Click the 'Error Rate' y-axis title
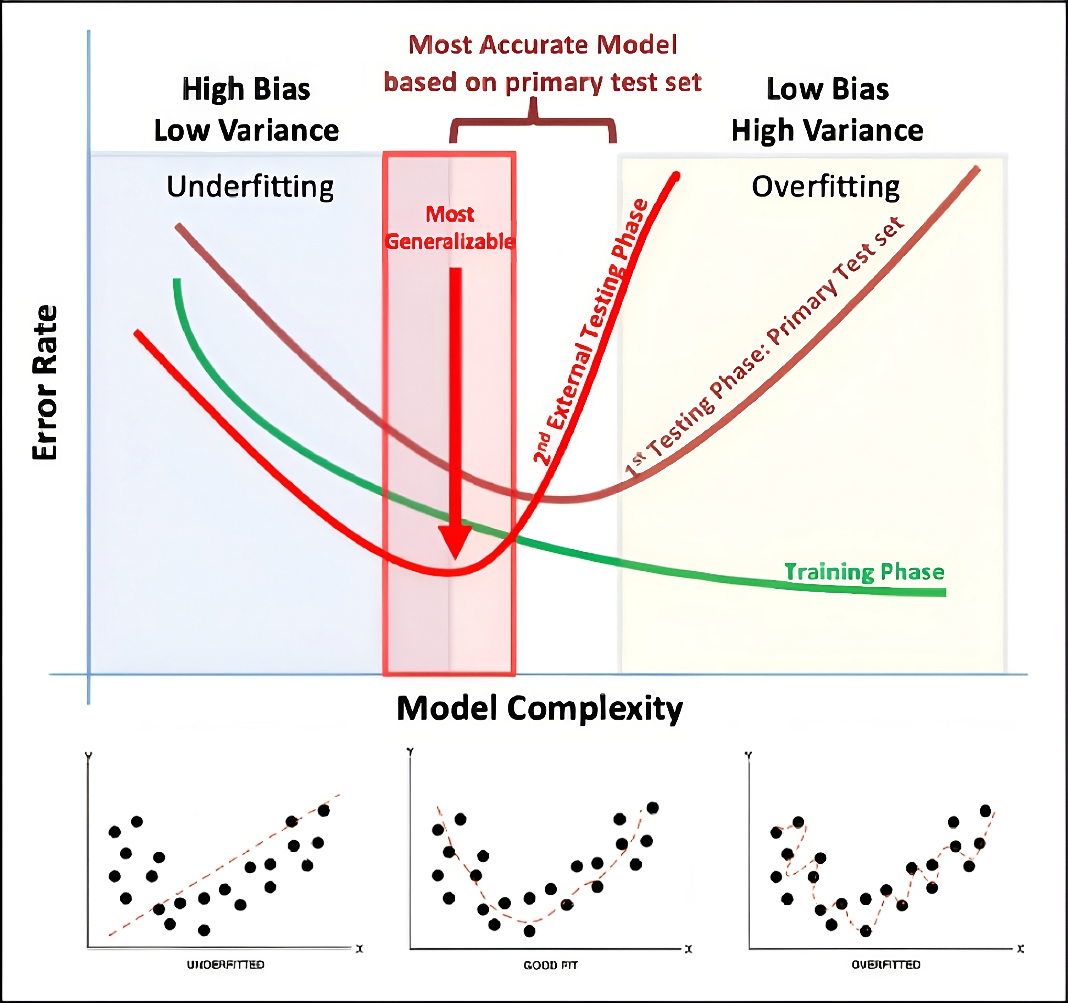pos(45,382)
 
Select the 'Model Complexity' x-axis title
pos(539,709)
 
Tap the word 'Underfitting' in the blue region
pos(250,187)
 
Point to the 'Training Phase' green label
pos(864,572)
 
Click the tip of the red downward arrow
pos(455,558)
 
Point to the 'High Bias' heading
pos(246,89)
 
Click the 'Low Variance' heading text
pos(246,131)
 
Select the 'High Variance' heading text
pos(827,131)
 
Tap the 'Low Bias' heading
pos(827,89)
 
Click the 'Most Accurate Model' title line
pos(542,45)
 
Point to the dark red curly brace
pos(533,121)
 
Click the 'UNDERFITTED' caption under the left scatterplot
pos(226,965)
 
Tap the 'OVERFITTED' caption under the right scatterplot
pos(886,965)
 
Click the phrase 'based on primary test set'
pos(542,83)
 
